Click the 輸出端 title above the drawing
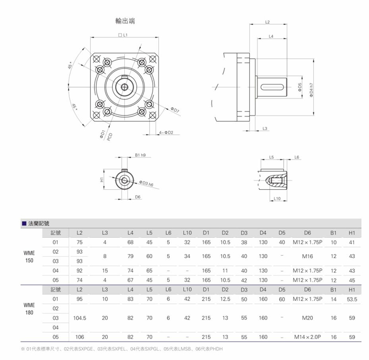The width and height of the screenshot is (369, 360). [125, 22]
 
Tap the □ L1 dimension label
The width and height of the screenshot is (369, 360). [123, 35]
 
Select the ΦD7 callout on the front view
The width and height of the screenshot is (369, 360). [174, 110]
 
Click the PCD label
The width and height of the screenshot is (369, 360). [110, 138]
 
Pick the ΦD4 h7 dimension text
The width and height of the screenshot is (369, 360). [311, 91]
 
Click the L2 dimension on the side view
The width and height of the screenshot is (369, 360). [268, 23]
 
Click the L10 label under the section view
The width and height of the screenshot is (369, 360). [277, 198]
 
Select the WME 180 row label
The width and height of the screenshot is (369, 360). [30, 308]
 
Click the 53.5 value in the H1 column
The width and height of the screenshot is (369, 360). [352, 299]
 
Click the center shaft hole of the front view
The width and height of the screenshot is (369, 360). [125, 85]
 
